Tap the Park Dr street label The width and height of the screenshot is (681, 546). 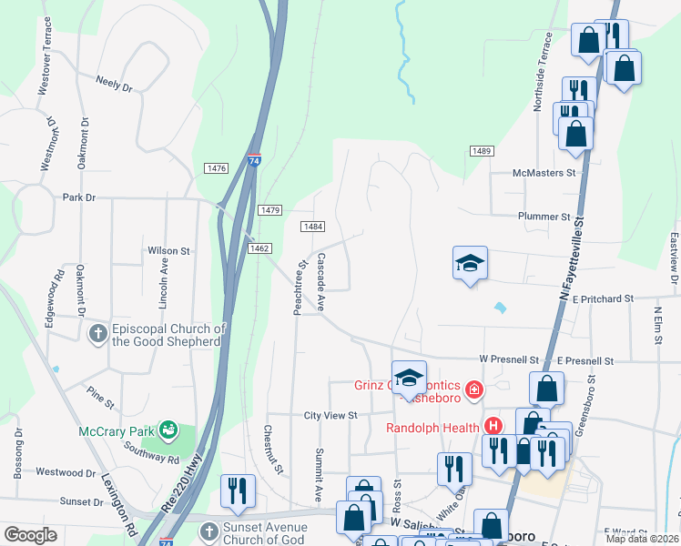click(78, 197)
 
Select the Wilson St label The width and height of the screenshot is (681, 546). click(168, 250)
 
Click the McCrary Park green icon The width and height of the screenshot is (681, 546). click(168, 428)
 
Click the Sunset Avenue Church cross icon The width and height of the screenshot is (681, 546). click(208, 530)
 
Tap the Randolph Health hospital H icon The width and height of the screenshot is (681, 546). click(493, 426)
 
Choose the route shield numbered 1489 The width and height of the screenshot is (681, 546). click(482, 150)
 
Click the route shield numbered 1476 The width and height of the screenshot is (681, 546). click(217, 168)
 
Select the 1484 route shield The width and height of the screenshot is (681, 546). click(313, 227)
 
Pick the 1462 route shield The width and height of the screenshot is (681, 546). click(259, 248)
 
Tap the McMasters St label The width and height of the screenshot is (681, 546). click(544, 172)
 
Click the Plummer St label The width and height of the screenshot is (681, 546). click(544, 217)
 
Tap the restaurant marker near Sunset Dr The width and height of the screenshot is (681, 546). click(239, 490)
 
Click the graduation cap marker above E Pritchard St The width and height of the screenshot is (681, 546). click(470, 264)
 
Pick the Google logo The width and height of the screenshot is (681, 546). click(30, 535)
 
